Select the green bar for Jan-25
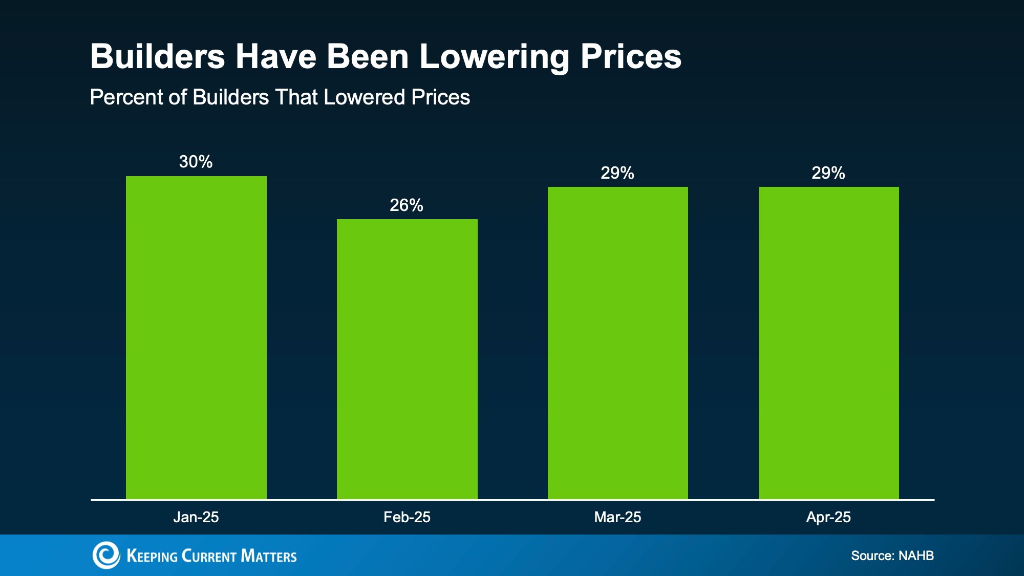[196, 338]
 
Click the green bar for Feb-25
[407, 358]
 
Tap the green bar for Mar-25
[618, 343]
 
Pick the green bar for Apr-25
[828, 343]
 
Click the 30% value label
[196, 162]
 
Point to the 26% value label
[407, 205]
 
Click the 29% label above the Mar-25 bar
[617, 173]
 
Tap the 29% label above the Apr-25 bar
[828, 173]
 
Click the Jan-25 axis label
[196, 517]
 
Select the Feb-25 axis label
[407, 517]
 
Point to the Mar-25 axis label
[617, 517]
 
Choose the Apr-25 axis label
[828, 517]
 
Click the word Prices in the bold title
[631, 56]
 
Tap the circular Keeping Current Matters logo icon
[106, 555]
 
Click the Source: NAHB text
[892, 556]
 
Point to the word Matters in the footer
[269, 556]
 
